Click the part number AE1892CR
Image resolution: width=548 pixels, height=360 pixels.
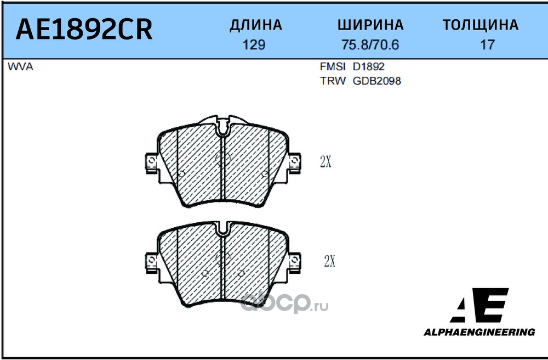point(84,30)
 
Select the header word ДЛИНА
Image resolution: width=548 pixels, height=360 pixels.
point(255,25)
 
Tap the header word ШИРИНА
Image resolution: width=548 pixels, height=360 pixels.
point(370,25)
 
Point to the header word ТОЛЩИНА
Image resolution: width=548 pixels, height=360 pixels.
point(480,25)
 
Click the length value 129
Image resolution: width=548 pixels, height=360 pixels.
point(254,45)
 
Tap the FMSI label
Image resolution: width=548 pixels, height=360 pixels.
point(332,66)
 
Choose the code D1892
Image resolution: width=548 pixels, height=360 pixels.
point(368,66)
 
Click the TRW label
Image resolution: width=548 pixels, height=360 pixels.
point(332,81)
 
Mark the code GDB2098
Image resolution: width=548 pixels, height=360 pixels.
point(376,81)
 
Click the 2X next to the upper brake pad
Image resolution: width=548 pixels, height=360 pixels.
point(326,161)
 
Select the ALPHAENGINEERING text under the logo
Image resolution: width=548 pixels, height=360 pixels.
point(479,332)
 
